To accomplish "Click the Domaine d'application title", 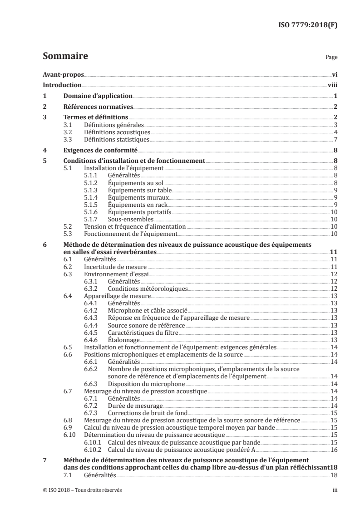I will coord(98,96).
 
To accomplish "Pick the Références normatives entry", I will coord(98,107).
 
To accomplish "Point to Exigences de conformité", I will coord(100,150).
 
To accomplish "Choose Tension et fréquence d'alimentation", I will coord(135,226).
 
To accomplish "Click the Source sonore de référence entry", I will coord(140,325).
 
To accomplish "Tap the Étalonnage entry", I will coord(123,339).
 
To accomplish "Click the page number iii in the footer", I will coord(334,490).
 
